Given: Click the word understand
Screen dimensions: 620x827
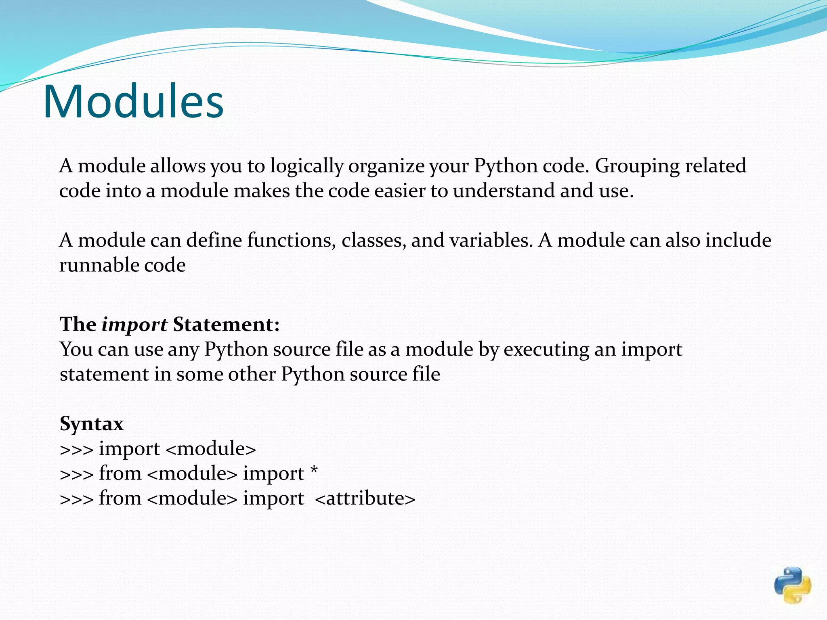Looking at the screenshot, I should [x=504, y=191].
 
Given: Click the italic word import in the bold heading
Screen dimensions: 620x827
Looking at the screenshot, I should [x=134, y=325].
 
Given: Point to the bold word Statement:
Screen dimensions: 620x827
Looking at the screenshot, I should [x=226, y=324].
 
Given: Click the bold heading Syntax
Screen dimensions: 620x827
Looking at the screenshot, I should [x=92, y=423].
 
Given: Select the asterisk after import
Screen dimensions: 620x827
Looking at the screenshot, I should [x=314, y=470].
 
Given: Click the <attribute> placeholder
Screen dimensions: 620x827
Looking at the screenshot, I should [x=365, y=498].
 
